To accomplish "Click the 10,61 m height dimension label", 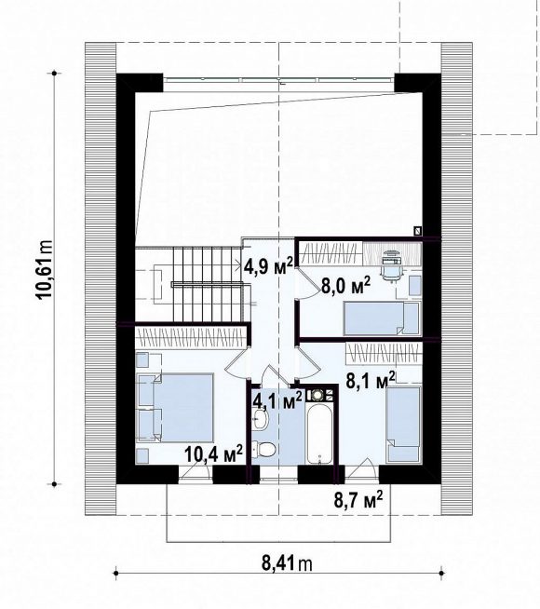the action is (45, 269).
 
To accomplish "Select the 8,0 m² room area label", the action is (345, 286).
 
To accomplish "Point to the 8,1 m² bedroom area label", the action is (371, 380).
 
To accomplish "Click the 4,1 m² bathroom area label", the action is (277, 400).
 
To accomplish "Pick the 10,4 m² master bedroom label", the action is (213, 453).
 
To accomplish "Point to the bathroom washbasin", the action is (259, 419).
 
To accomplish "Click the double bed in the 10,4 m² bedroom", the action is (176, 408).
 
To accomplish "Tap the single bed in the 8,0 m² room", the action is (382, 318).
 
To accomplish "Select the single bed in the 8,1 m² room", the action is (404, 424).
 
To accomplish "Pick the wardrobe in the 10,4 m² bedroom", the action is (191, 336).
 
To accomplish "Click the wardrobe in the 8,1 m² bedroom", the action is (384, 353).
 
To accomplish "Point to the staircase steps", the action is (208, 283).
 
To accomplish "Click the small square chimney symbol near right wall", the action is (418, 231).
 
